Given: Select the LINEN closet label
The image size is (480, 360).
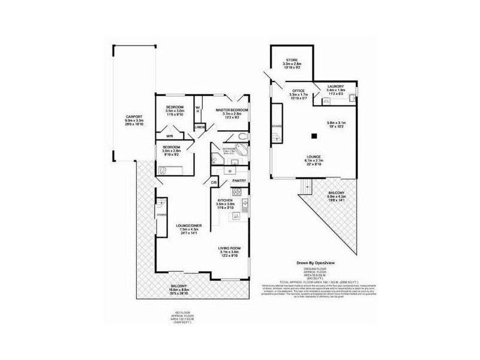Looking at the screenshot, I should [x=200, y=127].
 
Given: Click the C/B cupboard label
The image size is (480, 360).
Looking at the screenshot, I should [x=213, y=182].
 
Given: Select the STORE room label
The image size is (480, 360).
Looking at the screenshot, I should [x=292, y=59].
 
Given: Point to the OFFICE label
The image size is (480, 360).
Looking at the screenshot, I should [x=298, y=91].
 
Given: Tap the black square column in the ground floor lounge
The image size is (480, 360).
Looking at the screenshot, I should [x=314, y=136].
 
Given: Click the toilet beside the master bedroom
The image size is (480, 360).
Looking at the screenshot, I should [x=241, y=137].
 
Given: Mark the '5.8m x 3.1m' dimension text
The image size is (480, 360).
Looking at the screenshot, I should [x=335, y=123].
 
